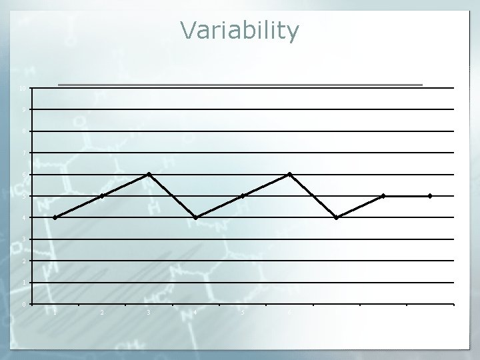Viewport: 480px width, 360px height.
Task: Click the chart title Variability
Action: click(239, 31)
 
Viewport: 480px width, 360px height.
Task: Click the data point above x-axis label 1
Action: click(55, 217)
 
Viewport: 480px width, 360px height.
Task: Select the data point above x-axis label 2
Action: click(102, 196)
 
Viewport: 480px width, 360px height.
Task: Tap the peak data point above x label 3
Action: click(149, 174)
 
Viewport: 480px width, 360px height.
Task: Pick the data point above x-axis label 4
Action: click(196, 217)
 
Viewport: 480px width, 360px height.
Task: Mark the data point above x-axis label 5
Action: click(243, 196)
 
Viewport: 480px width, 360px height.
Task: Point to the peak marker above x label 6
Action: click(289, 174)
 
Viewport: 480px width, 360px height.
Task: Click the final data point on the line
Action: click(430, 196)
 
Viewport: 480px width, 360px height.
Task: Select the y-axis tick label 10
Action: click(23, 88)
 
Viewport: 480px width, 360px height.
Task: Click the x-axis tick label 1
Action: click(55, 312)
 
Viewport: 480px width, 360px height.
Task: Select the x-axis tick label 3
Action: click(149, 312)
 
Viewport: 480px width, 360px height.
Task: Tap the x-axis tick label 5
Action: click(243, 312)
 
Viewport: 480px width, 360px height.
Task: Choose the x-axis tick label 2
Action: click(102, 312)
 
